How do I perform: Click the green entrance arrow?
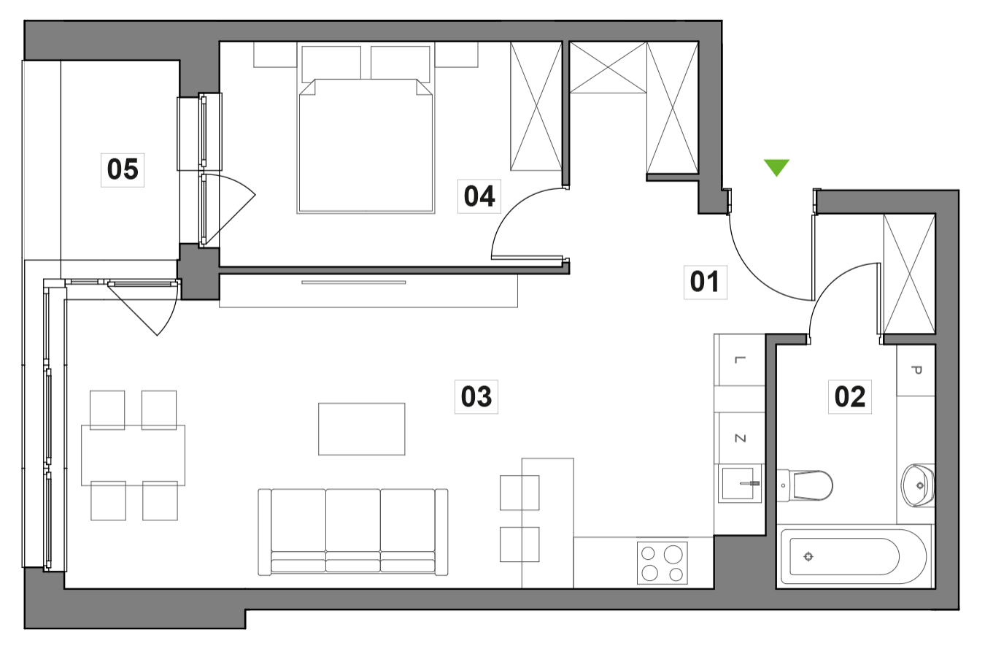click(x=776, y=166)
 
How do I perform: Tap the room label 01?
click(x=705, y=282)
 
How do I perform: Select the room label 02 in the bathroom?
click(x=849, y=397)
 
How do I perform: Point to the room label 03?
click(x=476, y=397)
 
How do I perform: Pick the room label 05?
click(x=122, y=169)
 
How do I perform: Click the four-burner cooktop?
click(x=662, y=563)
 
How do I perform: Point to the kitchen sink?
click(x=740, y=484)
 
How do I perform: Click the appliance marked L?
click(x=740, y=361)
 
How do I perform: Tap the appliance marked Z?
click(x=740, y=439)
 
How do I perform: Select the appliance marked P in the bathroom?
click(x=916, y=371)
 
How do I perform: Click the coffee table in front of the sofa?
click(x=362, y=429)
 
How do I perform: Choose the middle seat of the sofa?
click(x=352, y=526)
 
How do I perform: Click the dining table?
click(x=133, y=455)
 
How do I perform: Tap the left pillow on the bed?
click(x=331, y=62)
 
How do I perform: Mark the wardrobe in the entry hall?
click(x=909, y=274)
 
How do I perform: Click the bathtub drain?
click(x=808, y=558)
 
